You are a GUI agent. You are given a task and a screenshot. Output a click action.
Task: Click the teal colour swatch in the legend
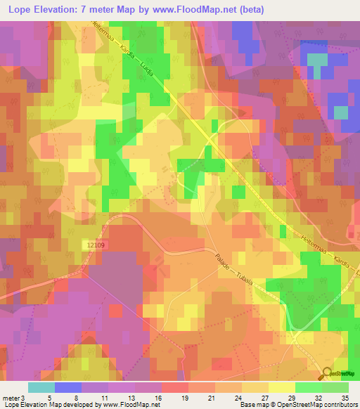(x=41, y=387)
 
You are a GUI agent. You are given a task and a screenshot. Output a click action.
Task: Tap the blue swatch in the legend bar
(x=68, y=387)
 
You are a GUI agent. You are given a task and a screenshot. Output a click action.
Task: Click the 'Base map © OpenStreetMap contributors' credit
(x=297, y=405)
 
